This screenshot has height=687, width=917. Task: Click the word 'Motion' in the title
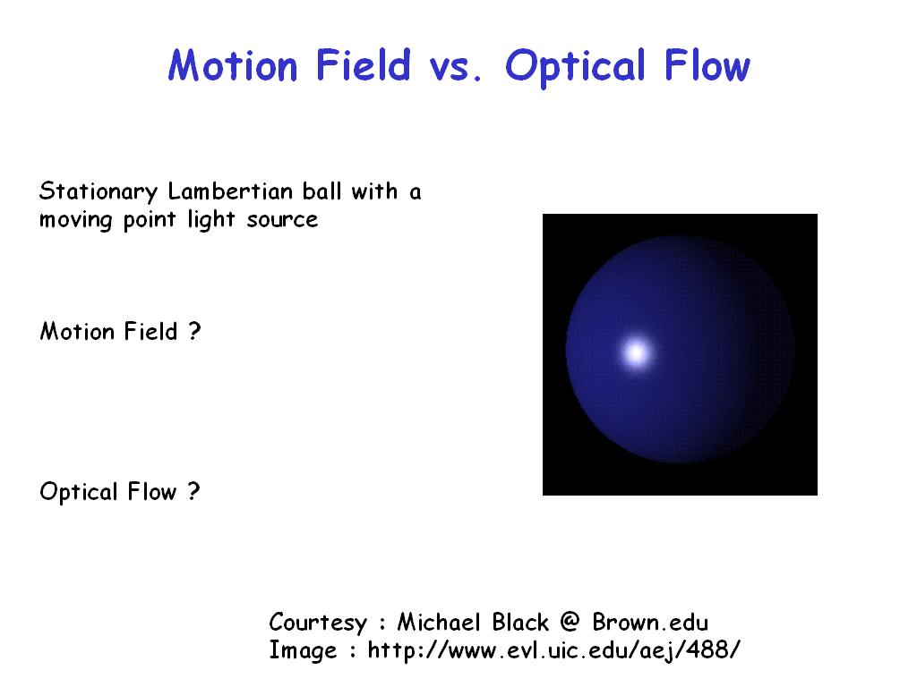click(x=233, y=64)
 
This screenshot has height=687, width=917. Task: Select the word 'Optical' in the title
click(x=575, y=67)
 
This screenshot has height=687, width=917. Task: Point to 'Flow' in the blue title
click(x=707, y=64)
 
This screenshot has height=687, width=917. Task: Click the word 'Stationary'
click(x=99, y=192)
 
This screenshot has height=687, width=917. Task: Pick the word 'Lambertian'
click(x=230, y=191)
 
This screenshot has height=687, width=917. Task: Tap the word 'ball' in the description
click(x=321, y=191)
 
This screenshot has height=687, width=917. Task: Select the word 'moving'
click(x=75, y=221)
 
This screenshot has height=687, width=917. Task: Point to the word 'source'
click(x=282, y=220)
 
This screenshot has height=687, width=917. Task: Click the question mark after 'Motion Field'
click(x=194, y=331)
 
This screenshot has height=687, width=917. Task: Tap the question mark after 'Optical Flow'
click(x=194, y=491)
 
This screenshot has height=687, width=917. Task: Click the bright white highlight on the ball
click(x=637, y=352)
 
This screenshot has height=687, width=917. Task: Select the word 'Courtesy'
click(x=318, y=623)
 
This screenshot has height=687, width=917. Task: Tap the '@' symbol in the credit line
click(x=569, y=623)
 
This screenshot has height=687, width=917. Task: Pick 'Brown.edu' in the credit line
click(x=650, y=623)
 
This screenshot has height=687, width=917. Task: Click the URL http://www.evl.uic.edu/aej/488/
click(x=553, y=650)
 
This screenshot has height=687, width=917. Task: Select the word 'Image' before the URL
click(x=303, y=651)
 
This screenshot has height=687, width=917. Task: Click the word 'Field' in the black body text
click(x=150, y=331)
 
